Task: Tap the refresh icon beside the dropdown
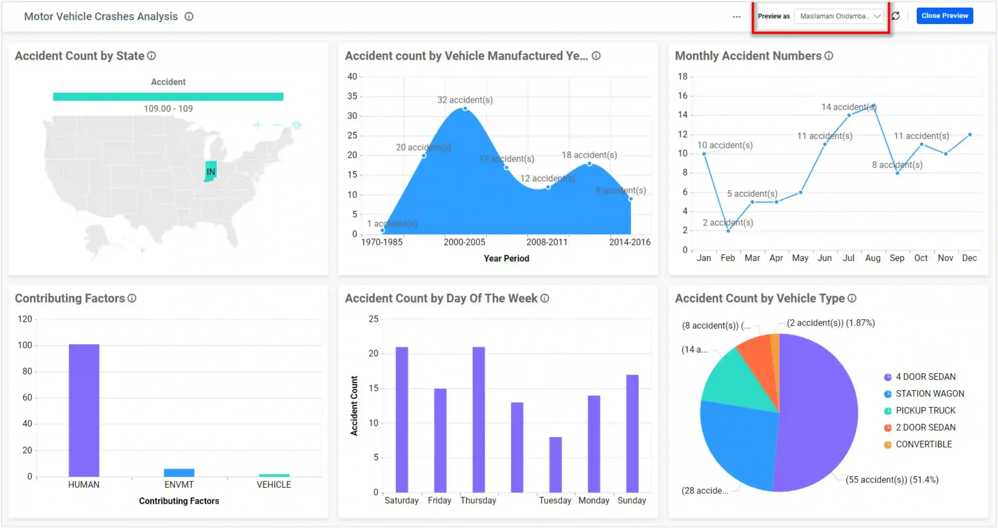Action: (x=895, y=16)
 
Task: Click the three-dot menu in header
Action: (x=737, y=17)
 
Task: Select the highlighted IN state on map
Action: (x=210, y=171)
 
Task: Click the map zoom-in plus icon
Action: (x=257, y=125)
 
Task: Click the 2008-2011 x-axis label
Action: (x=546, y=242)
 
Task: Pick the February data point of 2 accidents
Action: (x=728, y=231)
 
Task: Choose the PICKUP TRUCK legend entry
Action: (x=925, y=410)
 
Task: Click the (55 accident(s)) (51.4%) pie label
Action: (x=891, y=480)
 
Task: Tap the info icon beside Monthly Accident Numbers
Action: (x=828, y=56)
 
